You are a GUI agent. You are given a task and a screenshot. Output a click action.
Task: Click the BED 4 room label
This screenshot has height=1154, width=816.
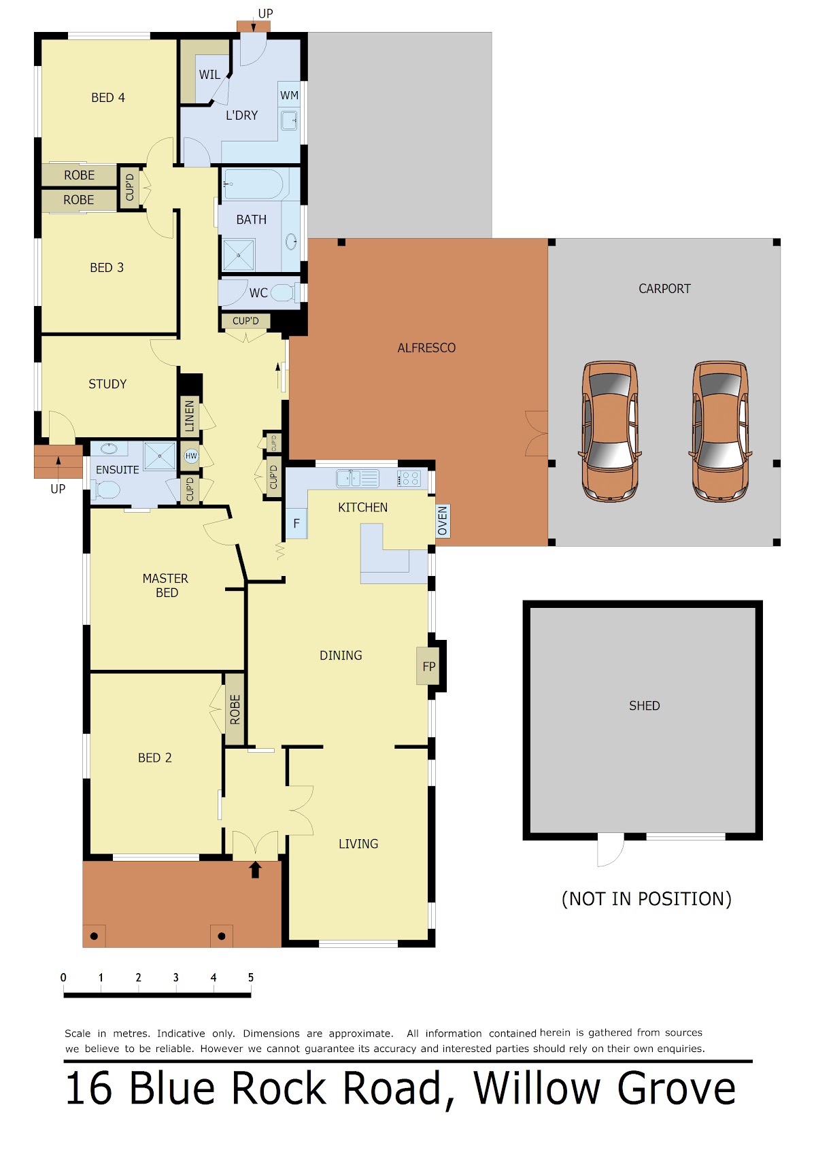pos(107,97)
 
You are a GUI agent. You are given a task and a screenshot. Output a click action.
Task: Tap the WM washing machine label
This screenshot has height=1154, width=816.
pos(289,95)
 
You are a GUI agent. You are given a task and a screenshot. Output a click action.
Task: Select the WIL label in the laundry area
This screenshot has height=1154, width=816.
pos(209,75)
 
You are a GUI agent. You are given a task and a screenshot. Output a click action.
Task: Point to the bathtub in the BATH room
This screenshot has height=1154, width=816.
pos(252,184)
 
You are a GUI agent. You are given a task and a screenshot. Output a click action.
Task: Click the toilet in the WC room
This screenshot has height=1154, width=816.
pos(282,293)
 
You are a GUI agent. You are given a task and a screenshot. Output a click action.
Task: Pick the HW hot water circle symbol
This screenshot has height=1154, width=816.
pos(191,456)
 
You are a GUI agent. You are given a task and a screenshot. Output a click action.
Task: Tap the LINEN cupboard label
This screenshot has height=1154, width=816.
pos(190,416)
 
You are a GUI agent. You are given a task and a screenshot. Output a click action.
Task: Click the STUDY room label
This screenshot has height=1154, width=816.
pos(107,384)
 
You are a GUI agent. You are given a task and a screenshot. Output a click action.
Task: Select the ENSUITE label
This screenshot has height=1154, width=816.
pos(118,470)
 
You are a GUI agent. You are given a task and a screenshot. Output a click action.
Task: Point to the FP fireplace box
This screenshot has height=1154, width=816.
pos(428,666)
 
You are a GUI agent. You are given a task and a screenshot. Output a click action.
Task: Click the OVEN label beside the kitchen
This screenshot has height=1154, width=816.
pos(443,521)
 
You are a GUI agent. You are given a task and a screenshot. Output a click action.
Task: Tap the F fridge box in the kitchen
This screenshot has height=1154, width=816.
pos(296,524)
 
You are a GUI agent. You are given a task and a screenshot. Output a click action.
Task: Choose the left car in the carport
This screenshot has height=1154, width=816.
pos(610,431)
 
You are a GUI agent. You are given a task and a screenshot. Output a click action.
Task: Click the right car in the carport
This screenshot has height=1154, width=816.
pos(719,431)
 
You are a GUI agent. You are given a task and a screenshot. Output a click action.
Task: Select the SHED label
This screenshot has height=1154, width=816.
pos(644,706)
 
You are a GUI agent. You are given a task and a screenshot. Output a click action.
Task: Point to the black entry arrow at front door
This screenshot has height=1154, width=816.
pos(255,870)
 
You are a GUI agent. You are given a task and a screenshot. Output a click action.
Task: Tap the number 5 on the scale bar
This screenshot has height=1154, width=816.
pos(251,977)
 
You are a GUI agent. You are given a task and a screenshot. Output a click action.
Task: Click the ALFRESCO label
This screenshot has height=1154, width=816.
pos(426,348)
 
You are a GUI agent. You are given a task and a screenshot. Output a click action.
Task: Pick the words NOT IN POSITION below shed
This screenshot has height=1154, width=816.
pos(647,899)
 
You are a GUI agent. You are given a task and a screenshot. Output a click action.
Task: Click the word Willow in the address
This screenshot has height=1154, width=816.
pos(537,1088)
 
